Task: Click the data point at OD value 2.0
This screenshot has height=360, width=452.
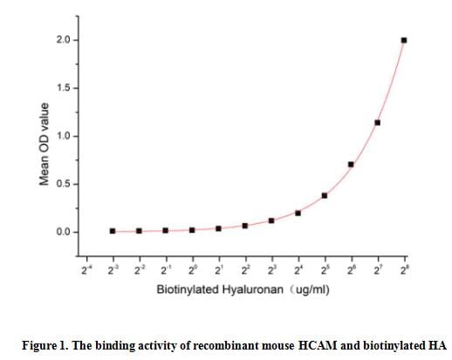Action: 403,40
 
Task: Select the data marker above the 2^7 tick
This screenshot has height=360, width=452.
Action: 377,122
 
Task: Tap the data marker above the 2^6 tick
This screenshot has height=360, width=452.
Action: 351,164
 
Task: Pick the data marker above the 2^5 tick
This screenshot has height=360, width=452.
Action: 325,195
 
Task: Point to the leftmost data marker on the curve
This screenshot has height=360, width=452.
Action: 113,231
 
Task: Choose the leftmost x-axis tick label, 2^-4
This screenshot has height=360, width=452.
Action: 86,269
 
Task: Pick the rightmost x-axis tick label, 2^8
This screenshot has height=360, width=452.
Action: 403,269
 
